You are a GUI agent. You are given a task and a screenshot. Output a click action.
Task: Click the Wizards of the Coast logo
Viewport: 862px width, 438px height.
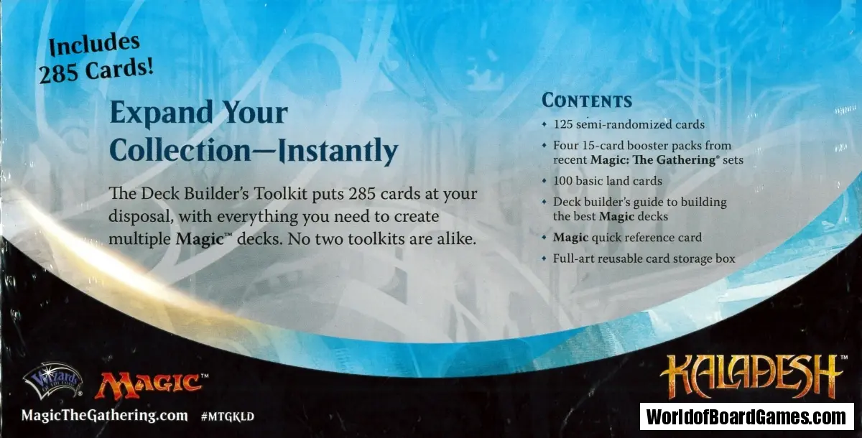[x=52, y=381]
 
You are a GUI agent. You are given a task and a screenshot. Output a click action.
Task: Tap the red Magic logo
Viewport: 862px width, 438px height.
[x=152, y=385]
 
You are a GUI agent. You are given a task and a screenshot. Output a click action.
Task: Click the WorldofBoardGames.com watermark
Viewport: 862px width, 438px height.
[x=746, y=417]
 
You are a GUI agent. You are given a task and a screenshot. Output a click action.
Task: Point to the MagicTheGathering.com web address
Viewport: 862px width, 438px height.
[x=105, y=416]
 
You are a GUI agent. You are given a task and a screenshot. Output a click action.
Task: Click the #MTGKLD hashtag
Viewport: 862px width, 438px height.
[x=228, y=417]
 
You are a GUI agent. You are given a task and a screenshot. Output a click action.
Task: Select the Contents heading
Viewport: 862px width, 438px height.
[x=587, y=101]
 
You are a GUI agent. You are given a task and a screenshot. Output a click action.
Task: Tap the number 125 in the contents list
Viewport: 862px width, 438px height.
[x=563, y=124]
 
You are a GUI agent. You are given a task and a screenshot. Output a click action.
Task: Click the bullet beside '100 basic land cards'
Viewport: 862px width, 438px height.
[x=544, y=181]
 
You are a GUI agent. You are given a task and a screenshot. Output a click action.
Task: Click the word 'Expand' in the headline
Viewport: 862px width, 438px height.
[x=161, y=112]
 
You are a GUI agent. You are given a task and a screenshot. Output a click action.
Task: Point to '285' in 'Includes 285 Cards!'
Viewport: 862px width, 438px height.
[x=57, y=74]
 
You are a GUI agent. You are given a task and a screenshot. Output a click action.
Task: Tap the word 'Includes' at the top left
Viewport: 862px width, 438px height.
[x=94, y=45]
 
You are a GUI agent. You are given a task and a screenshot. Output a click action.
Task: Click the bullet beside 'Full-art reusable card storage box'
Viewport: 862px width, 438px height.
[x=544, y=258]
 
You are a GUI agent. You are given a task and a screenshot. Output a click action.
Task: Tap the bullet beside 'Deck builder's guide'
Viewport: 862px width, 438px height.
[x=544, y=202]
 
